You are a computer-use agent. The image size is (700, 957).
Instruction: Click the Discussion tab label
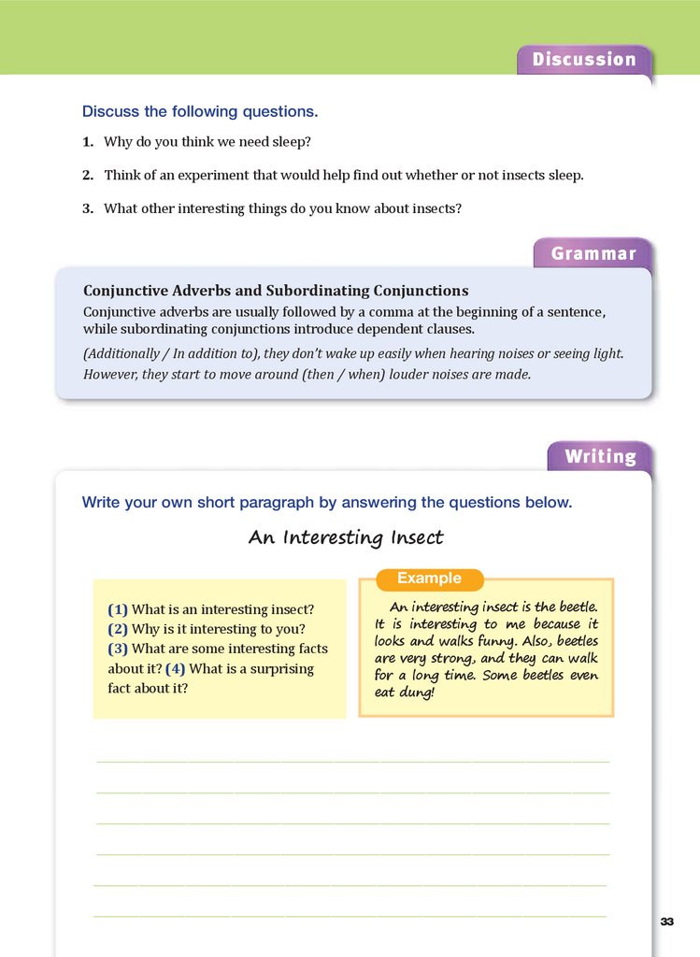[583, 60]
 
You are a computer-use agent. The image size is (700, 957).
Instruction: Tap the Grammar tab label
[593, 254]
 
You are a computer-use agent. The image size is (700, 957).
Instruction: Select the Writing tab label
[599, 457]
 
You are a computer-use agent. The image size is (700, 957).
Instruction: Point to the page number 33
[666, 922]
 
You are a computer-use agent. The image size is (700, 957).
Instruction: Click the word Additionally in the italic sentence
[122, 354]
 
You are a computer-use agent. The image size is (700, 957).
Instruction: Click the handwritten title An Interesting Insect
[346, 537]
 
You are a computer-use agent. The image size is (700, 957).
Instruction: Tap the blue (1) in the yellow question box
[118, 609]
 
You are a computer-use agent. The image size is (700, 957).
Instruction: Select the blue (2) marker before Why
[118, 629]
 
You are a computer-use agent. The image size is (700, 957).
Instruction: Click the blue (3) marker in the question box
[118, 649]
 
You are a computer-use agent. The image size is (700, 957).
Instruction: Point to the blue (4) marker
[176, 669]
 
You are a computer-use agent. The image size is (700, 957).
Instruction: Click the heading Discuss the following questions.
[200, 112]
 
